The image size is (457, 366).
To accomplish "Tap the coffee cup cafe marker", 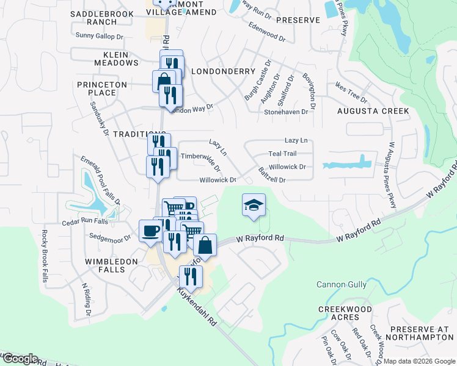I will (x=150, y=231).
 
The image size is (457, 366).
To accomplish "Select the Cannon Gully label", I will (x=341, y=284).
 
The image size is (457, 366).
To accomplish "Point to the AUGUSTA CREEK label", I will (x=373, y=111).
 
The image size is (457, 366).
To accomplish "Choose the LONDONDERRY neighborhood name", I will (x=223, y=71).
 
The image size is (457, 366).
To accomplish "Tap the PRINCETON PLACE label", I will (x=101, y=88).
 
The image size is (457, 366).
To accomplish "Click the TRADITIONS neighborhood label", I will (x=122, y=134).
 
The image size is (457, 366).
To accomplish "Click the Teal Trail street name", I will (x=282, y=154).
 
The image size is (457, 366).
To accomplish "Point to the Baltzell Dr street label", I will (x=272, y=175).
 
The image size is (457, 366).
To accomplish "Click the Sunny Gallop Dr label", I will (x=99, y=36).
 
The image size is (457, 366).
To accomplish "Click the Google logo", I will (x=20, y=359).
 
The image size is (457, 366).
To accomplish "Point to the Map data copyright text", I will (x=419, y=361).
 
